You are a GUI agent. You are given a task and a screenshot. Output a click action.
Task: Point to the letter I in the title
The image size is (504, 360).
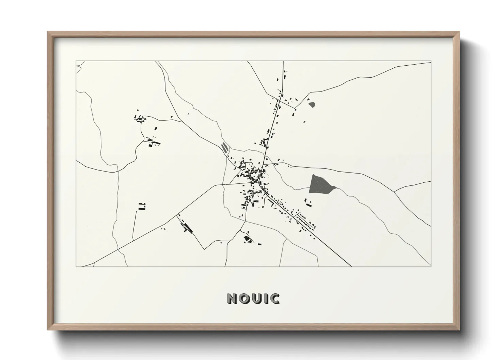tap(263, 298)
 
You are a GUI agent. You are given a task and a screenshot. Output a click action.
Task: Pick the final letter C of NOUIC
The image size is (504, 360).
tap(274, 298)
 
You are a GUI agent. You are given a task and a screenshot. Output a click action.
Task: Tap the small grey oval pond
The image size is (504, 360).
tap(312, 104)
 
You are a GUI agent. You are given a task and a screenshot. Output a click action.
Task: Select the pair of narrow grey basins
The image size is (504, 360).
tap(224, 148)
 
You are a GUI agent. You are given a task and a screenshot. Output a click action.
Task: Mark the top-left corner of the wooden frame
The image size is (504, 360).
tap(48, 32)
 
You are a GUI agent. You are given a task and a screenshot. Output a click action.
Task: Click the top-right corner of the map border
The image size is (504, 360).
tap(431, 62)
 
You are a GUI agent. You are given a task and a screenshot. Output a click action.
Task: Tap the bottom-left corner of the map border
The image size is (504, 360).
tap(76, 266)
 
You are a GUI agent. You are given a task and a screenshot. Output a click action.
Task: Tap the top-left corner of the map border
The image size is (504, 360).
tap(76, 62)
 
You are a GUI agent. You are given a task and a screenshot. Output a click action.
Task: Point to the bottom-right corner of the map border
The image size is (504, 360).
tap(431, 266)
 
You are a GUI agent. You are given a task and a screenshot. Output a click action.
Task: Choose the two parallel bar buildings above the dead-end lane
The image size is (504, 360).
tap(142, 206)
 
